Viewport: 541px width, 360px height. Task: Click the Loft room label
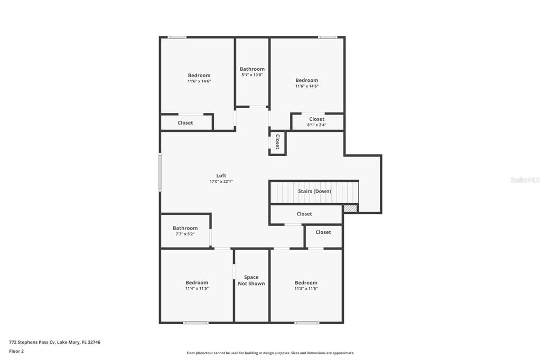point(221,176)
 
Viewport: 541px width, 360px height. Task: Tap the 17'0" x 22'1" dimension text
point(221,182)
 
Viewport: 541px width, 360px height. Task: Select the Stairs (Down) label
point(315,191)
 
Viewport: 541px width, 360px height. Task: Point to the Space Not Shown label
point(251,280)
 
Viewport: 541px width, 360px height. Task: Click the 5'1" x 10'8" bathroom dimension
point(252,75)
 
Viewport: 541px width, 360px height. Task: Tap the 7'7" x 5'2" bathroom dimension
point(185,234)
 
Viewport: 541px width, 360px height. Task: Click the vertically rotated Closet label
point(277,141)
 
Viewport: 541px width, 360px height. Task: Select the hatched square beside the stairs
point(350,209)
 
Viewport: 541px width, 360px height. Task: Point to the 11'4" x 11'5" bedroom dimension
point(197,288)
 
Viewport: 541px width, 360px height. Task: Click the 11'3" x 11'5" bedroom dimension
point(306,288)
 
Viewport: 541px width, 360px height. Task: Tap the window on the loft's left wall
point(160,172)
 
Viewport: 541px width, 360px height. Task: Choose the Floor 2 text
point(16,352)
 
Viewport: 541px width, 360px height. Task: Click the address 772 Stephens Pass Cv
point(32,343)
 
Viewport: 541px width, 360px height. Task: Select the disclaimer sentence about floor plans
point(270,353)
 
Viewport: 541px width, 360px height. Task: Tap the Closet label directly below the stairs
point(304,214)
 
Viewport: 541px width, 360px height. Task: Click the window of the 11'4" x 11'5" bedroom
point(195,323)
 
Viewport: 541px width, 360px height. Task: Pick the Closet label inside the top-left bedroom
point(185,123)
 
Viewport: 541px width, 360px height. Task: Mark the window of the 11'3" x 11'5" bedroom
point(307,323)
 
